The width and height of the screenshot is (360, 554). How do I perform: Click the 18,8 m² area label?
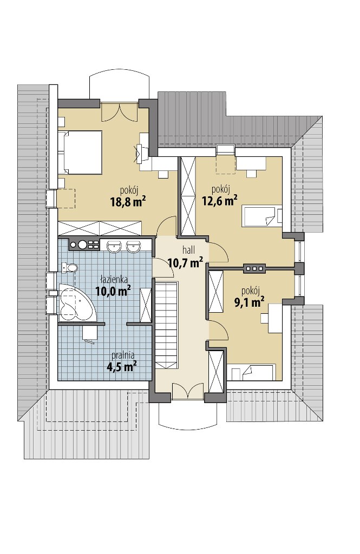tap(128, 202)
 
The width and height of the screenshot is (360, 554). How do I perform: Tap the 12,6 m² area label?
tap(219, 201)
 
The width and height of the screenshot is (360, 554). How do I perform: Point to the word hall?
tap(188, 250)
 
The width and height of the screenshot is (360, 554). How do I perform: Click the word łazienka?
tap(114, 280)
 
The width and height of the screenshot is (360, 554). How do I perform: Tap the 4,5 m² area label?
tap(122, 367)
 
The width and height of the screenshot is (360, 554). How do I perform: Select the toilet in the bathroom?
tap(69, 268)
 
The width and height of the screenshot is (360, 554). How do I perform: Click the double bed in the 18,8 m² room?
tap(80, 152)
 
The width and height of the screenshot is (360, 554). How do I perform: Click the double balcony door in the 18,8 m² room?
tap(119, 113)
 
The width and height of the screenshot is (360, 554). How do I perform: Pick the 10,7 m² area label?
tap(185, 262)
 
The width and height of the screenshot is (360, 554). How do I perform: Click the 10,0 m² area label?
tap(113, 291)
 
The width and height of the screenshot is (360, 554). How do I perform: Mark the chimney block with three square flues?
tap(254, 268)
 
